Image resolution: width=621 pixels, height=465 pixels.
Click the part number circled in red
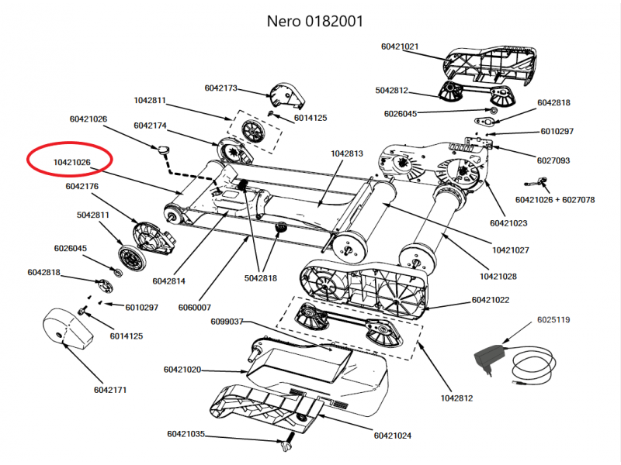(x=72, y=162)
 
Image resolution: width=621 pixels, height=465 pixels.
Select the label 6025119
(x=553, y=320)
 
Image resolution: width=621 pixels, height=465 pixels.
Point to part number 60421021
(x=400, y=46)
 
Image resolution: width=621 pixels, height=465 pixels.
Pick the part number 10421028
(x=498, y=276)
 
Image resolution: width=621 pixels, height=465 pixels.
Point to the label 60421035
(x=186, y=434)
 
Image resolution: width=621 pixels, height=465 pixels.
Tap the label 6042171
(x=113, y=388)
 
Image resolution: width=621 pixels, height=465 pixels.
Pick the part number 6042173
(x=221, y=88)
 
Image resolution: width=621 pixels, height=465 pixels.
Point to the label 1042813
(x=347, y=153)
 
